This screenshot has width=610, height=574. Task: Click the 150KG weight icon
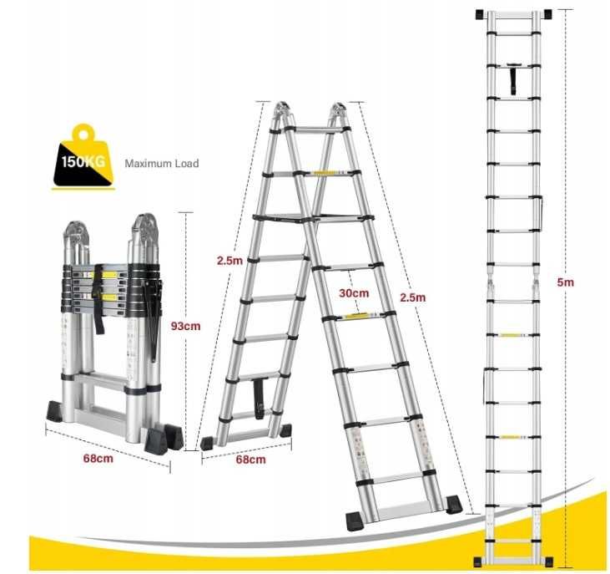coord(83,160)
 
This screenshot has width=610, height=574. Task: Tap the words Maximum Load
coord(162,164)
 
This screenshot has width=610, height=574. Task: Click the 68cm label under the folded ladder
coord(99,458)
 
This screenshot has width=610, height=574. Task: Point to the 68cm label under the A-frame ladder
coord(250,460)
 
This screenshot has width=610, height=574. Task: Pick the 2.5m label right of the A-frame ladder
coord(412,297)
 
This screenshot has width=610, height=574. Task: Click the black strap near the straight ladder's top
coord(511,81)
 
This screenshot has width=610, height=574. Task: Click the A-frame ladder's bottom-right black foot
coord(453,504)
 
